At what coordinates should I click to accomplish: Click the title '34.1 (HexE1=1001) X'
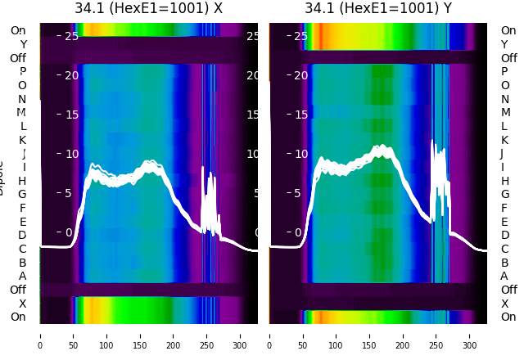[x=148, y=9]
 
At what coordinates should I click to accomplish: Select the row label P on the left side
[x=23, y=71]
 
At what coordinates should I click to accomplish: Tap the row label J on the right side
[x=502, y=153]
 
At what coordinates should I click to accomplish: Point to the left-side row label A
[x=23, y=276]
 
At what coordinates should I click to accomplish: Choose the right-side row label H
[x=505, y=181]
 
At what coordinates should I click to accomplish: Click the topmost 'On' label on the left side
[x=18, y=30]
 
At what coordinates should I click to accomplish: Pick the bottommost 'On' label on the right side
[x=508, y=317]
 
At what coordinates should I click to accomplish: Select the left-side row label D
[x=22, y=235]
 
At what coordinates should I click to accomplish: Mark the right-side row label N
[x=505, y=99]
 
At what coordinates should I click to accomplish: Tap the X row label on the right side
[x=505, y=304]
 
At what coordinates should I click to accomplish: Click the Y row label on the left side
[x=23, y=44]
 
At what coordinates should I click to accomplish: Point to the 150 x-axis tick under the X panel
[x=139, y=335]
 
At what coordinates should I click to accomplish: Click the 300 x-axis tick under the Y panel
[x=470, y=335]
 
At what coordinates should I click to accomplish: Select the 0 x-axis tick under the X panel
[x=39, y=335]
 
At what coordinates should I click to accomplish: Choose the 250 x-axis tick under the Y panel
[x=436, y=335]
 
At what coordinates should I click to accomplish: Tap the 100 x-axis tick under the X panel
[x=106, y=335]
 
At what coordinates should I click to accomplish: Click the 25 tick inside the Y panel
[x=300, y=36]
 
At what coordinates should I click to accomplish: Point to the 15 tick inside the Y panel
[x=300, y=115]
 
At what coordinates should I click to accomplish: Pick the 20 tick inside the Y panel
[x=300, y=75]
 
